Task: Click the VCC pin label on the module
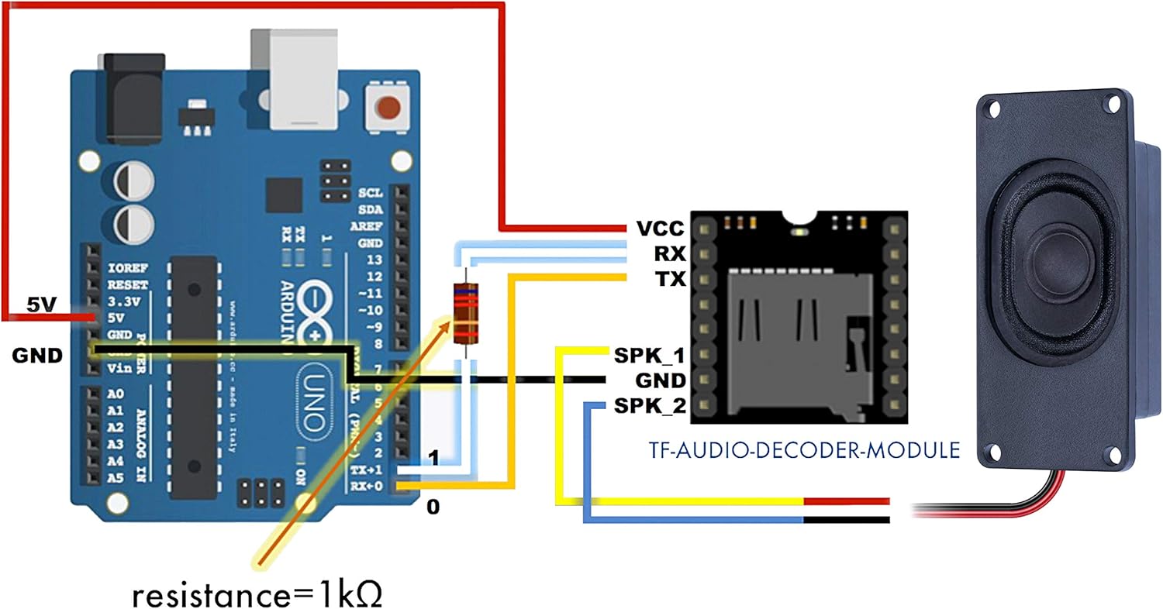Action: tap(660, 229)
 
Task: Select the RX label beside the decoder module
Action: tap(668, 254)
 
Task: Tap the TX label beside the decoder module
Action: tap(669, 279)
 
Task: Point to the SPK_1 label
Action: tap(649, 356)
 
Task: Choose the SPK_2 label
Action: tap(649, 405)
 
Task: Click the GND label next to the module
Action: tap(660, 380)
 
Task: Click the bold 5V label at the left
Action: tap(38, 304)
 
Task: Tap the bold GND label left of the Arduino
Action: tap(36, 356)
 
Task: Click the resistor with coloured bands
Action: tap(465, 314)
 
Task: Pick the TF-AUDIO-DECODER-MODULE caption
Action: tap(803, 450)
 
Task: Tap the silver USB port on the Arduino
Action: tap(294, 77)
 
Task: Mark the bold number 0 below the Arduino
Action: tap(433, 508)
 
